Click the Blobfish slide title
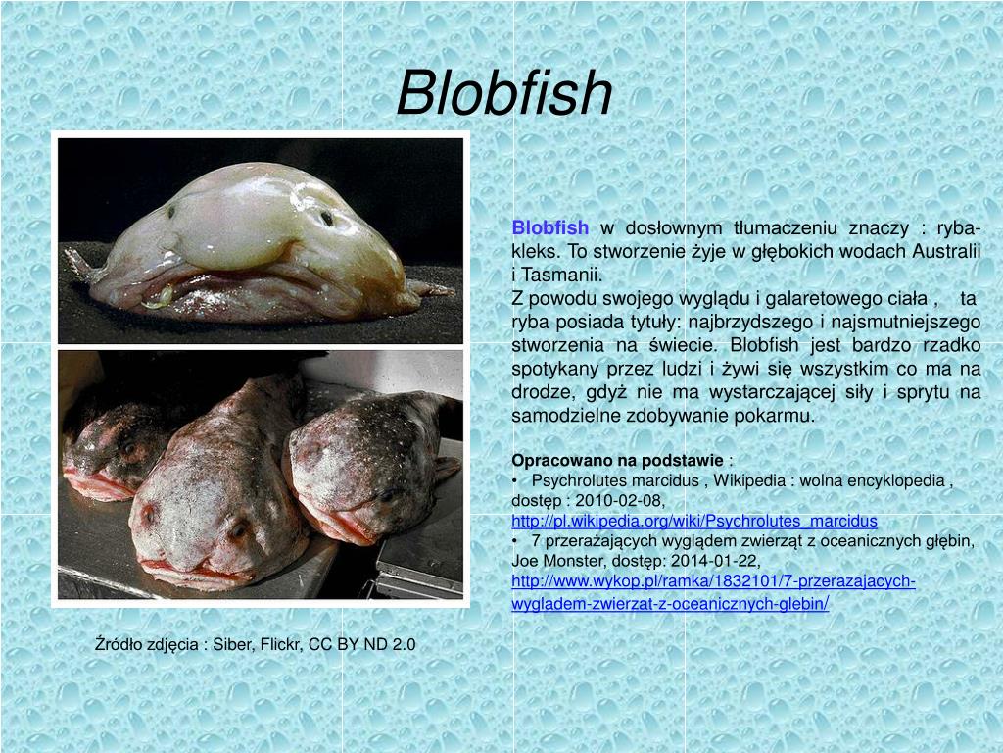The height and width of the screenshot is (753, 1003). point(504,93)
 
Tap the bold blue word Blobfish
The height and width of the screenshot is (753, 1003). point(549,228)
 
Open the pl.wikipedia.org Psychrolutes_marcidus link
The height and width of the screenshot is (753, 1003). point(694,520)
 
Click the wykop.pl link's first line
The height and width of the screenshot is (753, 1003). point(713,581)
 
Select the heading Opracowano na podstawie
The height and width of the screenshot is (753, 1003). point(617,460)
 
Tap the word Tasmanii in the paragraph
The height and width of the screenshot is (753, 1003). point(565,274)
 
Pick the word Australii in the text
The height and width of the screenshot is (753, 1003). point(946,251)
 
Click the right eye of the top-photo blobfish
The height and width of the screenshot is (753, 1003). point(326,218)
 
